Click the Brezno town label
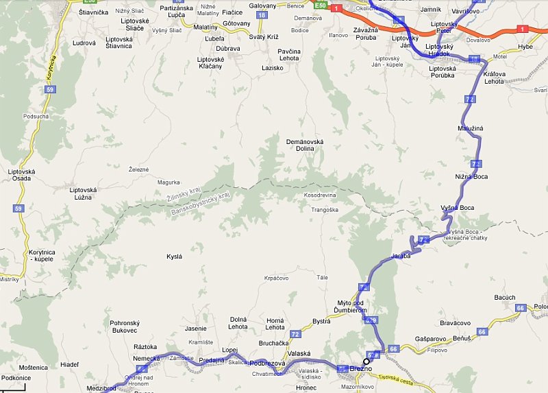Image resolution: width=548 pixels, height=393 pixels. tap(360, 368)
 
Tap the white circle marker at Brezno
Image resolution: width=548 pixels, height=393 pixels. tap(366, 361)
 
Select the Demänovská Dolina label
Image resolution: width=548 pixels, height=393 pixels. tap(304, 146)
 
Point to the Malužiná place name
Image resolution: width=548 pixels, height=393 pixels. tap(471, 128)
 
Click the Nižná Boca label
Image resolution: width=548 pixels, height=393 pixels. tap(471, 176)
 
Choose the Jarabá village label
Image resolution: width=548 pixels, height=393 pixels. tap(401, 256)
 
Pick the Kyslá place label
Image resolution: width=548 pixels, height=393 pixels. tap(175, 257)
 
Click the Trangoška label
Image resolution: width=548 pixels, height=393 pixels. tap(325, 210)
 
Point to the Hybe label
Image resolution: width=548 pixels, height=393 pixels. tap(525, 47)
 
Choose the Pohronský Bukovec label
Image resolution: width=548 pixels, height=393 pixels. tap(124, 326)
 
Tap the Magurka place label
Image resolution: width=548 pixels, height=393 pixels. tap(168, 182)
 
